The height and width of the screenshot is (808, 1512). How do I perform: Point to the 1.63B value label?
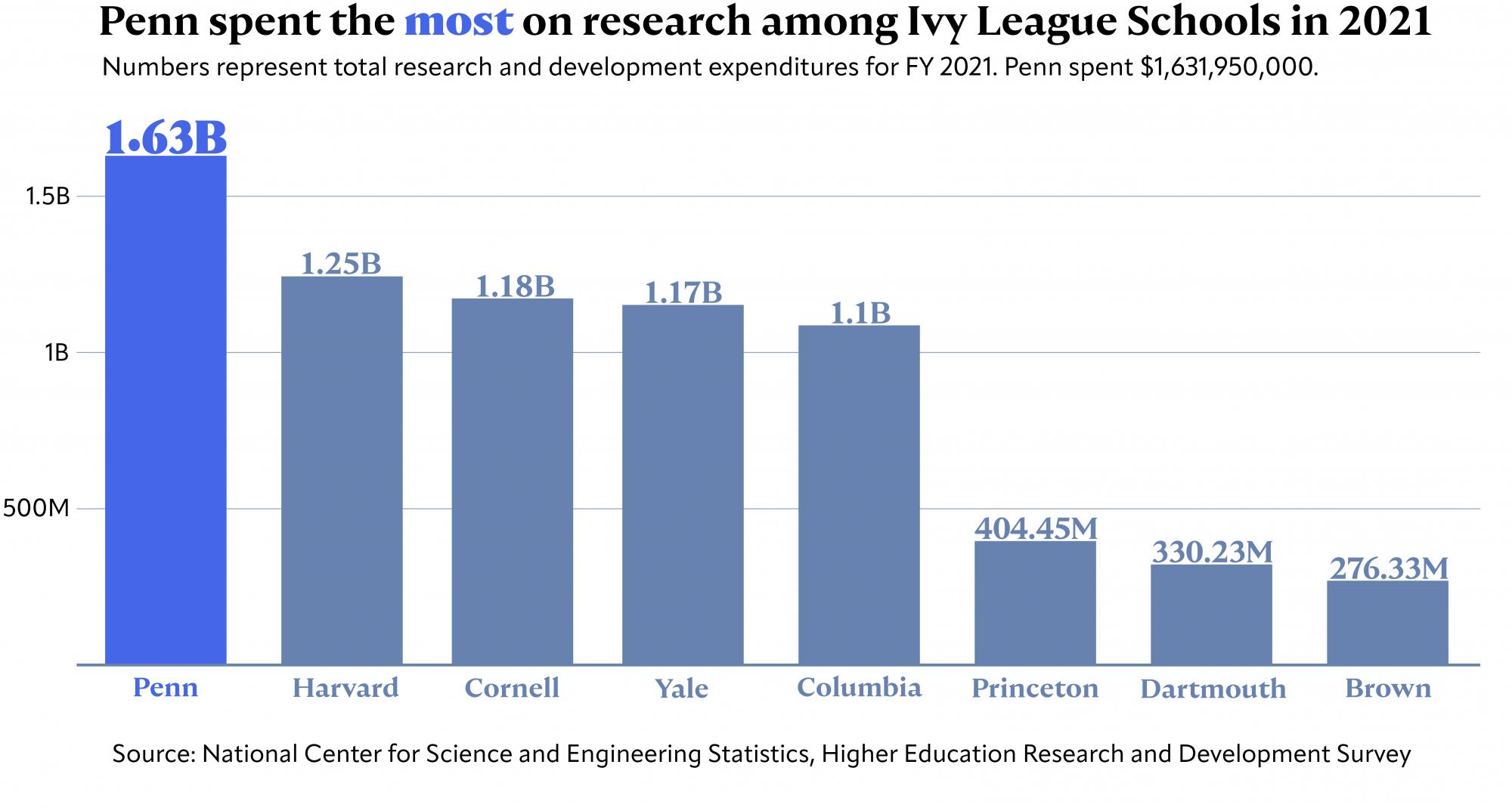click(x=166, y=138)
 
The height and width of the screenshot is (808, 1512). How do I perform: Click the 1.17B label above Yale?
click(x=683, y=293)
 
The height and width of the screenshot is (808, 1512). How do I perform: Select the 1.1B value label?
click(x=860, y=313)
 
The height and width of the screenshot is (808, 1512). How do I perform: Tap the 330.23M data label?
click(x=1212, y=552)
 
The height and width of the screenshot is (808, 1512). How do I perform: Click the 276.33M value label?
click(x=1388, y=568)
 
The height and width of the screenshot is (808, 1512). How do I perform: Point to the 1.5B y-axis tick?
click(x=48, y=197)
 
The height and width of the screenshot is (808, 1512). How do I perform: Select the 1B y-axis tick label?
click(x=57, y=353)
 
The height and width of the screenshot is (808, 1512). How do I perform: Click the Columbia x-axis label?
click(x=859, y=687)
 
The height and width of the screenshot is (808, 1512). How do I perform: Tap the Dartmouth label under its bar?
click(x=1213, y=689)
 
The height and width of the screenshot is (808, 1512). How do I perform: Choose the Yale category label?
click(x=682, y=689)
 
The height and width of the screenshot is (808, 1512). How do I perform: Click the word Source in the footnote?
click(x=153, y=754)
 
